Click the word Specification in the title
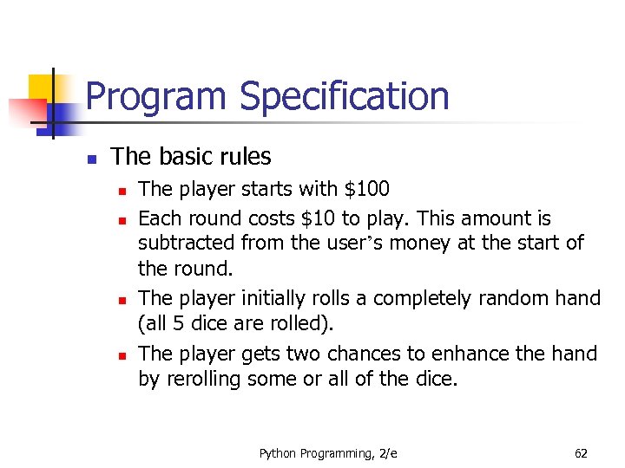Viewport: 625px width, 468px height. [x=345, y=96]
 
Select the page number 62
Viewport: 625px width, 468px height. [x=581, y=452]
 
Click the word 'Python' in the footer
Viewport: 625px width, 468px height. [x=277, y=452]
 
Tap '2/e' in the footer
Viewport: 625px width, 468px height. [x=387, y=452]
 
